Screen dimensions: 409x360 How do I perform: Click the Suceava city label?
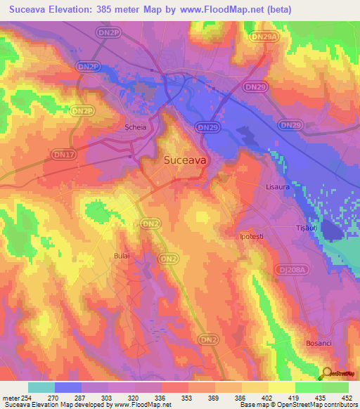coord(185,160)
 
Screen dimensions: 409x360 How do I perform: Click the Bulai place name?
coord(122,256)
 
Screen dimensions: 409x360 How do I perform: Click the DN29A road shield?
coord(264,37)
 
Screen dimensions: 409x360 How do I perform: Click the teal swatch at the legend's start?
coord(41,387)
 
